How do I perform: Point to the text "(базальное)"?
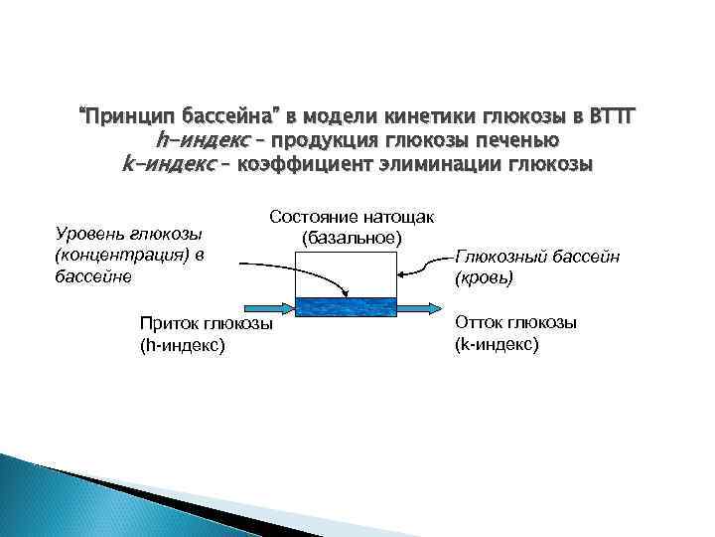tap(352, 239)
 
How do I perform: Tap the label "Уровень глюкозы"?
tap(128, 234)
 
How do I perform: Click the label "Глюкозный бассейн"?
tap(537, 258)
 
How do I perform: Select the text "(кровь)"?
tap(484, 279)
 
